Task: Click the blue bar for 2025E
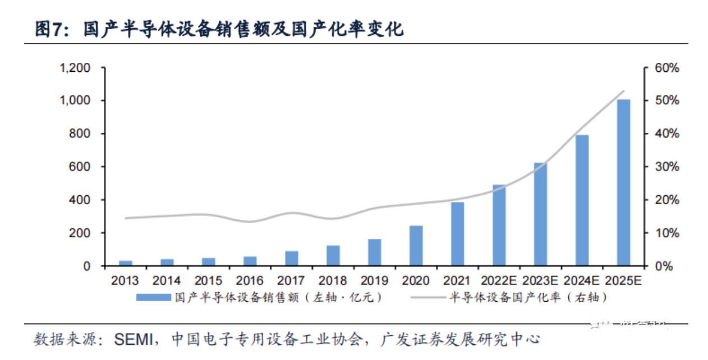[623, 182]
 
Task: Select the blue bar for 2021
[458, 234]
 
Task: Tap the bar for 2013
[126, 263]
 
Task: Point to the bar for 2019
[375, 252]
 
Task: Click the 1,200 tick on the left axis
[75, 68]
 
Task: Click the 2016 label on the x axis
[250, 281]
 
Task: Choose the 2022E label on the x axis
[498, 281]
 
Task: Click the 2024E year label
[581, 281]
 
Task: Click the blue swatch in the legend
[153, 298]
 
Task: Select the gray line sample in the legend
[428, 298]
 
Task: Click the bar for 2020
[416, 246]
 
